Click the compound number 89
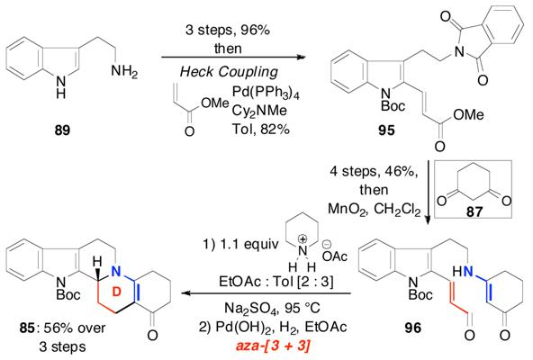62,130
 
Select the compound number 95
386,130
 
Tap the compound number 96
412,328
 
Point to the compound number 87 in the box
474,212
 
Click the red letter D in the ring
116,292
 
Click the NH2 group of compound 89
124,72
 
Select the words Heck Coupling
229,72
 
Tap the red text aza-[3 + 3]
273,346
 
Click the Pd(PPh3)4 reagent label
266,93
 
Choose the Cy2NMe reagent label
259,112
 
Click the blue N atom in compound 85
116,271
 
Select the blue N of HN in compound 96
468,271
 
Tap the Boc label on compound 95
393,105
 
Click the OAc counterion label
335,256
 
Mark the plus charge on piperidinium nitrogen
303,239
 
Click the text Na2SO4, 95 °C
272,309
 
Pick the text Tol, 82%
261,130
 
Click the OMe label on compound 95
468,115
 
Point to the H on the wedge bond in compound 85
98,262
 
